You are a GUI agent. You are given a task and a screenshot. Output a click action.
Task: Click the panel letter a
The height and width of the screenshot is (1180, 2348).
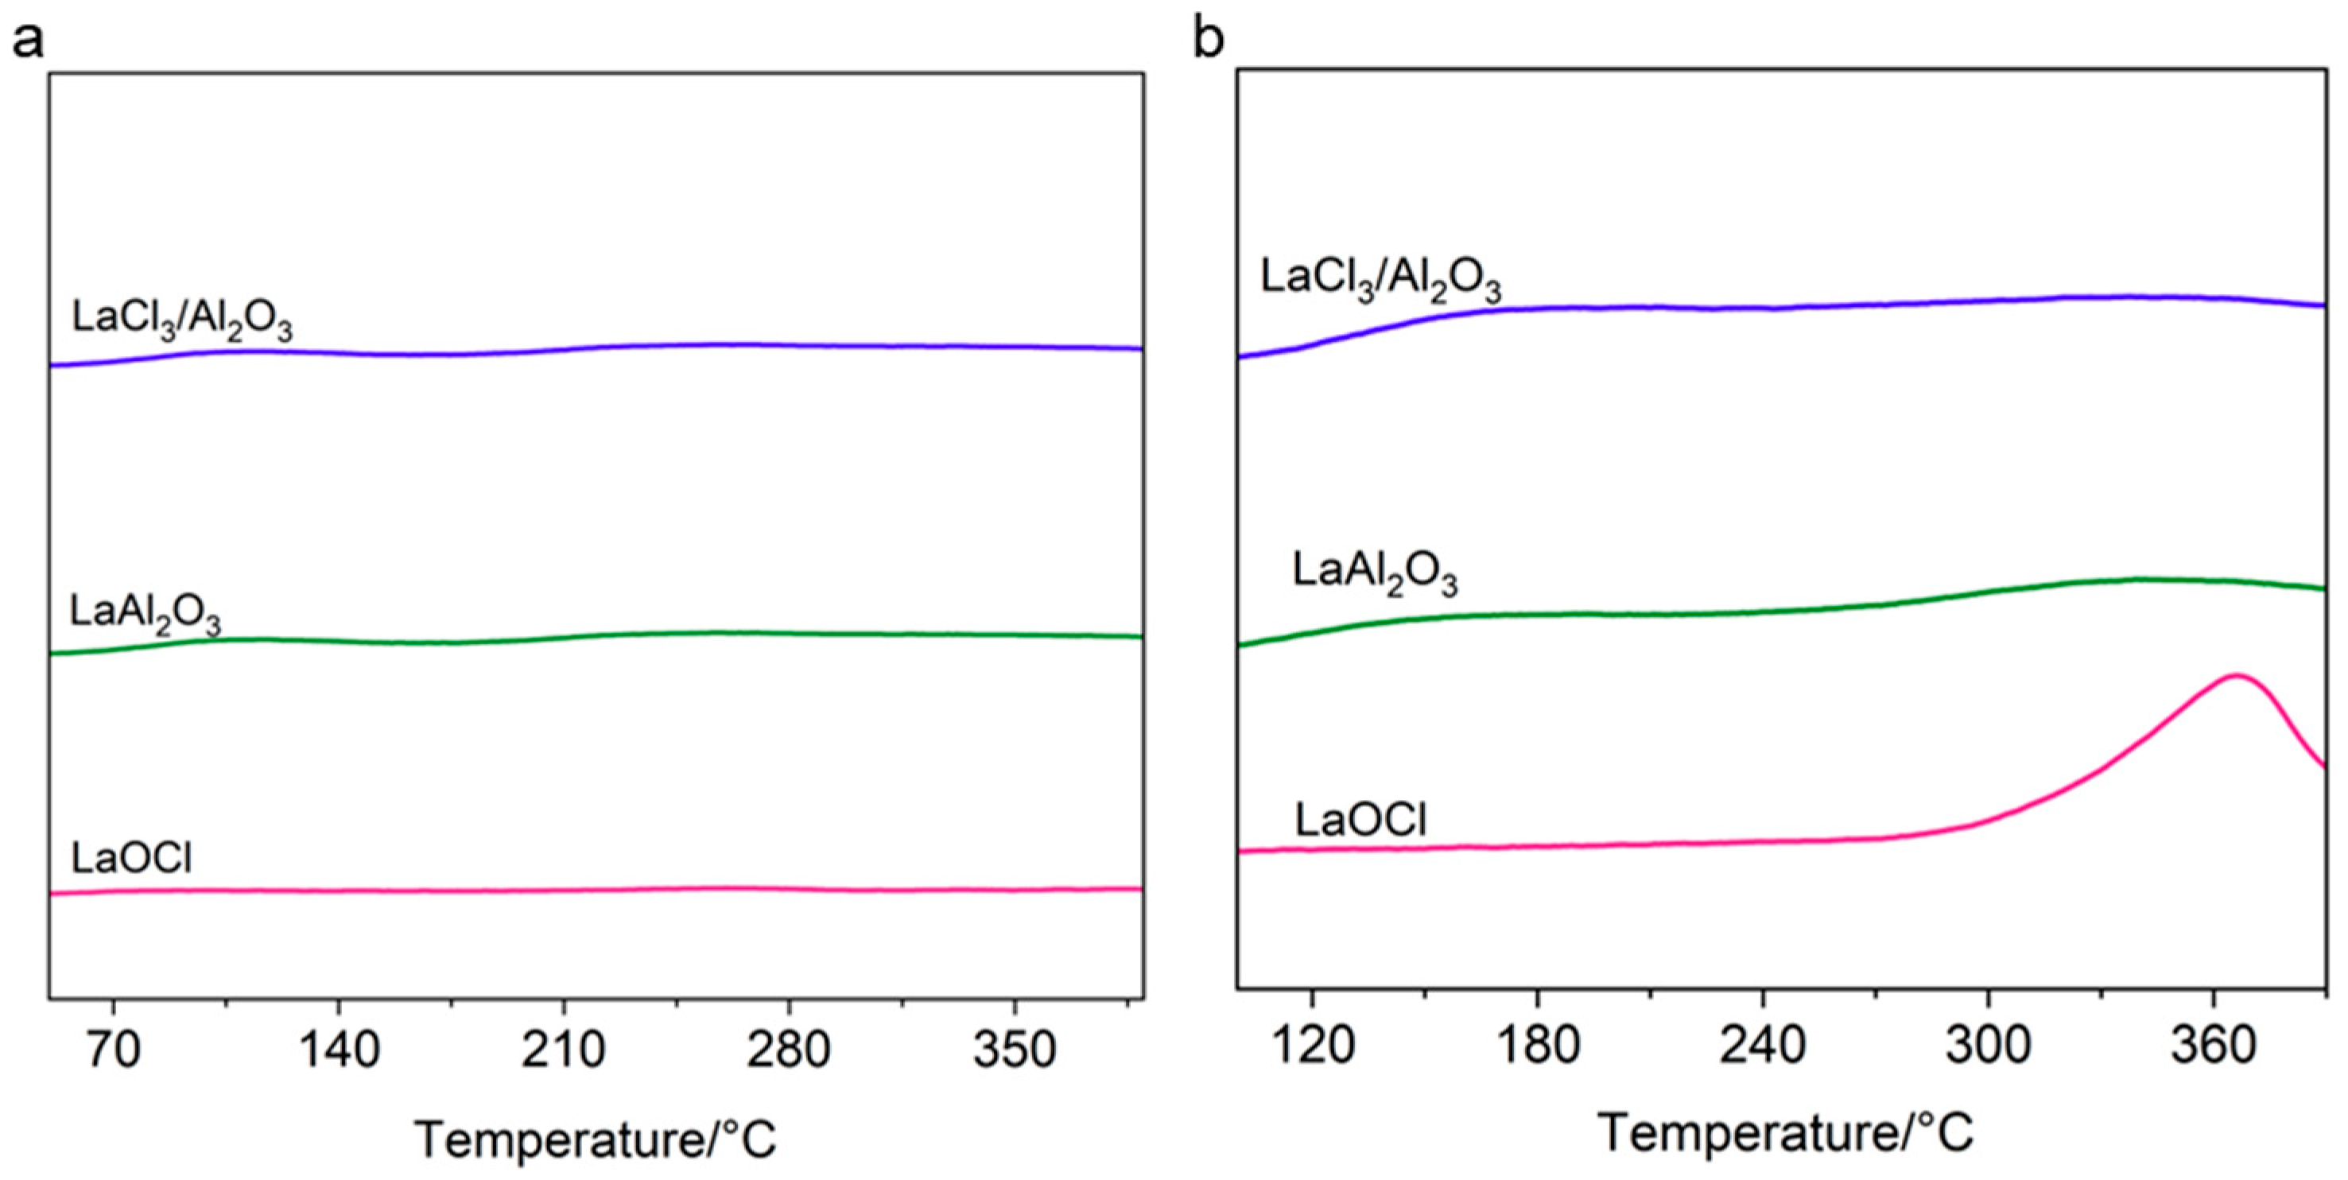(27, 42)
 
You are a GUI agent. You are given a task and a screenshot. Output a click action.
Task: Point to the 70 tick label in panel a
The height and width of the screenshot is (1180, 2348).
(113, 1050)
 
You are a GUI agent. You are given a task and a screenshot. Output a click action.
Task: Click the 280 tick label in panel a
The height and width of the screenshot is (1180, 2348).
(789, 1050)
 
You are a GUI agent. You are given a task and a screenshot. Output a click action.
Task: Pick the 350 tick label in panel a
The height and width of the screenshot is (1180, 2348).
(1015, 1050)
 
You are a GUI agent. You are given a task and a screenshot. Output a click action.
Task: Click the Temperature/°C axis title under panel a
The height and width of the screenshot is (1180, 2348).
(596, 1139)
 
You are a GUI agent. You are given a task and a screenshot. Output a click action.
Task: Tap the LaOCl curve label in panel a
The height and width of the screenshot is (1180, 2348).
(132, 858)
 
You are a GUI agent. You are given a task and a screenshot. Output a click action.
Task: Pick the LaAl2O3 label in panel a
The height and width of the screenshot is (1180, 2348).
(146, 615)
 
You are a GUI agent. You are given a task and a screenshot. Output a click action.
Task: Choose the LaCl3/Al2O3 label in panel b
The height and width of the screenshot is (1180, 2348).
(1381, 279)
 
